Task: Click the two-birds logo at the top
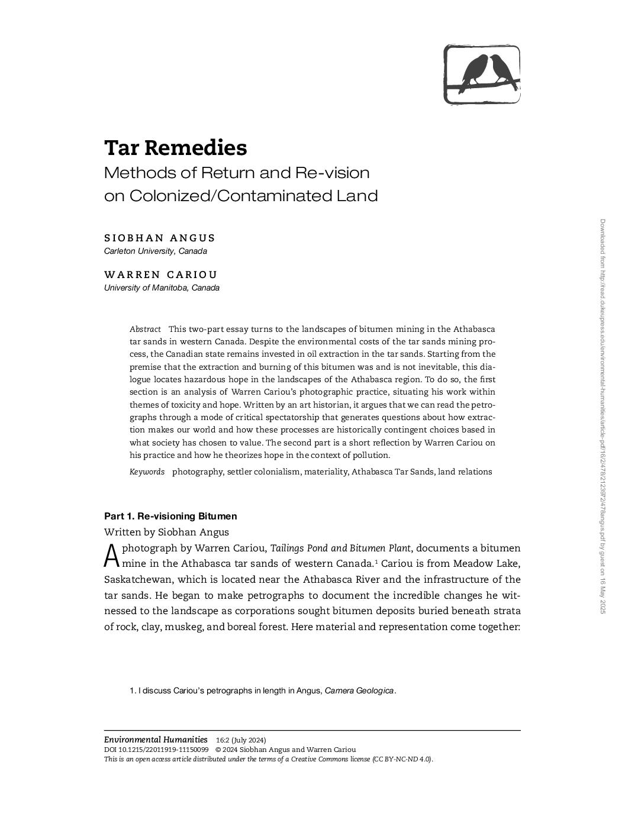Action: point(482,75)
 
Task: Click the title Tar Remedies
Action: point(175,148)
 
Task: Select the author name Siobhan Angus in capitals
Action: point(160,238)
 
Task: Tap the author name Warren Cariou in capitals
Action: point(161,275)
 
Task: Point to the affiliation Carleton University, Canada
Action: point(156,251)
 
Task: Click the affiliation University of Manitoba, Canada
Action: point(162,288)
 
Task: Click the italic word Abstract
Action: point(145,329)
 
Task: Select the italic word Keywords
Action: point(147,472)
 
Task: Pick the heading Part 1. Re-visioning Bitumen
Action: point(170,516)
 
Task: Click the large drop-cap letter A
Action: point(112,556)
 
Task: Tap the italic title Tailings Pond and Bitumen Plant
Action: point(340,548)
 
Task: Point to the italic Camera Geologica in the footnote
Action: point(359,690)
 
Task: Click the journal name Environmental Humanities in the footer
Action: point(156,740)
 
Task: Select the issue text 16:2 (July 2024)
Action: point(241,740)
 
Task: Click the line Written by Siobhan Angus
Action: point(166,532)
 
